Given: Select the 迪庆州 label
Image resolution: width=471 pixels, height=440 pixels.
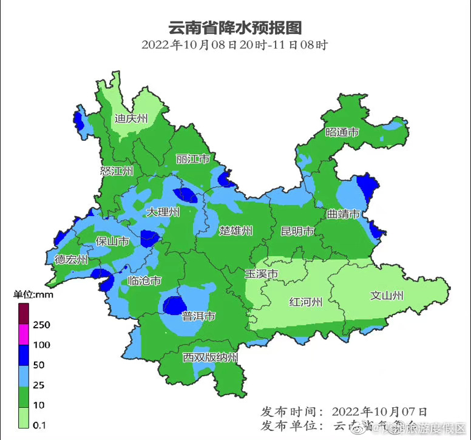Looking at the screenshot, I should [x=131, y=118].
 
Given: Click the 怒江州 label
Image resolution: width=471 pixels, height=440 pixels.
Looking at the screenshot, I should [x=117, y=171].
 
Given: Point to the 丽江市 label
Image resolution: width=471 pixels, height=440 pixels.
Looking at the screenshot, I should [x=192, y=159].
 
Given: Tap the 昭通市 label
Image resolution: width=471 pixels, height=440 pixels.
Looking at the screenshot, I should [x=342, y=132].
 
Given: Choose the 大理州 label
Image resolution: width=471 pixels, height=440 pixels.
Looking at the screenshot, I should [x=163, y=212].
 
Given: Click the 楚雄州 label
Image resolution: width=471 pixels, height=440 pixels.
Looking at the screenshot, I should [x=235, y=231].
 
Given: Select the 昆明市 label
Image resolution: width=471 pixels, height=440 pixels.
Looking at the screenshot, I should [x=297, y=231].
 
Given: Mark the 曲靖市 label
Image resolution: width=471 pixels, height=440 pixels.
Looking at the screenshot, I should [x=344, y=214].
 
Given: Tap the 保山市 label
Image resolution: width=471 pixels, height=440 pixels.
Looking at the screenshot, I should [x=112, y=242].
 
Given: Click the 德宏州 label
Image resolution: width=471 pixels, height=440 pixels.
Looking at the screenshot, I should [x=71, y=260].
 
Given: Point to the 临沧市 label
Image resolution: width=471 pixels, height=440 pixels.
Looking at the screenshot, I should [x=145, y=281].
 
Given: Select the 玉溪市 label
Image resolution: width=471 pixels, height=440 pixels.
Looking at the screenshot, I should [x=261, y=274].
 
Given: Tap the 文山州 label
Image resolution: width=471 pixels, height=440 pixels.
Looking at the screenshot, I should [x=387, y=296].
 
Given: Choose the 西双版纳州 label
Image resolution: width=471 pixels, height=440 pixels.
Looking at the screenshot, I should [x=210, y=357].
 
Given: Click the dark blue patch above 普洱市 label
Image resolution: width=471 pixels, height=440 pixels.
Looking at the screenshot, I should [x=176, y=305].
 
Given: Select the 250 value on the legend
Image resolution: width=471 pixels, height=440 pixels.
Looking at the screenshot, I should [x=41, y=325].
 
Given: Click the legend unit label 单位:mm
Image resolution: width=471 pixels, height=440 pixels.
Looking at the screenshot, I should [x=34, y=295].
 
